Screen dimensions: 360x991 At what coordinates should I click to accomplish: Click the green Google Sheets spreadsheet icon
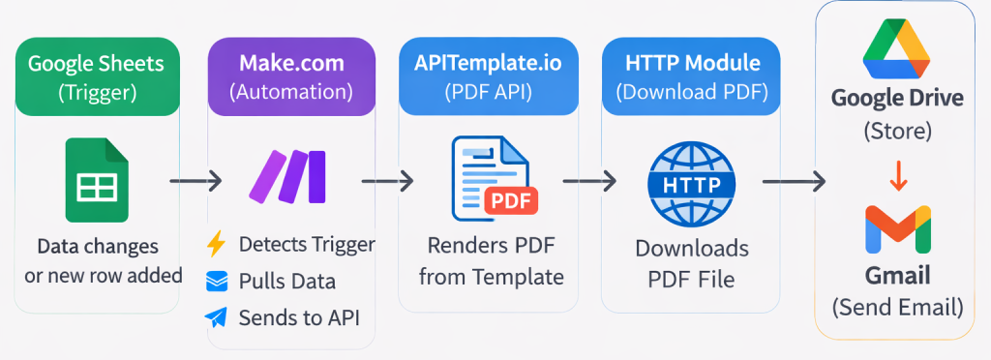point(97,180)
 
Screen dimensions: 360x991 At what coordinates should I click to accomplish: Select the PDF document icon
point(490,179)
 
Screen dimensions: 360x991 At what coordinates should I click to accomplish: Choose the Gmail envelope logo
point(897,229)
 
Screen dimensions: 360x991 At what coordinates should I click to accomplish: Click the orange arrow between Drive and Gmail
point(897,177)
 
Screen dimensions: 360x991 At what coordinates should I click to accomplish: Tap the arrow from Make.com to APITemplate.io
point(387,180)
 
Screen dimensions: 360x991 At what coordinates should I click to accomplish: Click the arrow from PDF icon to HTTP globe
point(589,180)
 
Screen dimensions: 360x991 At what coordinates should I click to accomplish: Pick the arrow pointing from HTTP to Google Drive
point(793,180)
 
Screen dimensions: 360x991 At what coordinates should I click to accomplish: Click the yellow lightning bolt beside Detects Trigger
point(217,245)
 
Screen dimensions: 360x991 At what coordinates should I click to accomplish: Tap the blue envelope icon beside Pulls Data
point(217,281)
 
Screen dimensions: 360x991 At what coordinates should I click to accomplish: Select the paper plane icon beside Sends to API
point(217,316)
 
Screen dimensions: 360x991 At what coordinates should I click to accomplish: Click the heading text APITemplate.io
point(489,64)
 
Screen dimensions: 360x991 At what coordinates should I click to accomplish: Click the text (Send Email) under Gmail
point(897,308)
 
